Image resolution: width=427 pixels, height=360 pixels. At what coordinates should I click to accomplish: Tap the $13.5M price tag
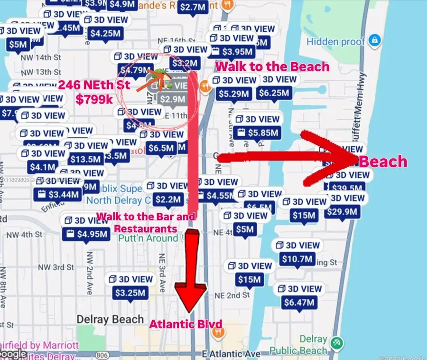[86, 160]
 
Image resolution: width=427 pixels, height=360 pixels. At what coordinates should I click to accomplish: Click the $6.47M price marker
[299, 302]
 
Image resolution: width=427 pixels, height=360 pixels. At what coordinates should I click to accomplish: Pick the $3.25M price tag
[130, 293]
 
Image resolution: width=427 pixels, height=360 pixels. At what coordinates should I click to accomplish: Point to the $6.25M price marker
[278, 94]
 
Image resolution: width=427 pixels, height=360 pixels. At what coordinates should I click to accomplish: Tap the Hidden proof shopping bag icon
[374, 40]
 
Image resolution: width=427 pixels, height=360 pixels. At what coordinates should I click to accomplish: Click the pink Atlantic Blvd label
[186, 324]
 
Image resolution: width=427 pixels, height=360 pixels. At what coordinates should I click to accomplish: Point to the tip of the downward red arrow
[190, 311]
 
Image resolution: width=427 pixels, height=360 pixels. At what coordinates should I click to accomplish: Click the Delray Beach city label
[110, 319]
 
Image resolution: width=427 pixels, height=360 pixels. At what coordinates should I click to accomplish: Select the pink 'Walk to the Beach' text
[272, 66]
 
